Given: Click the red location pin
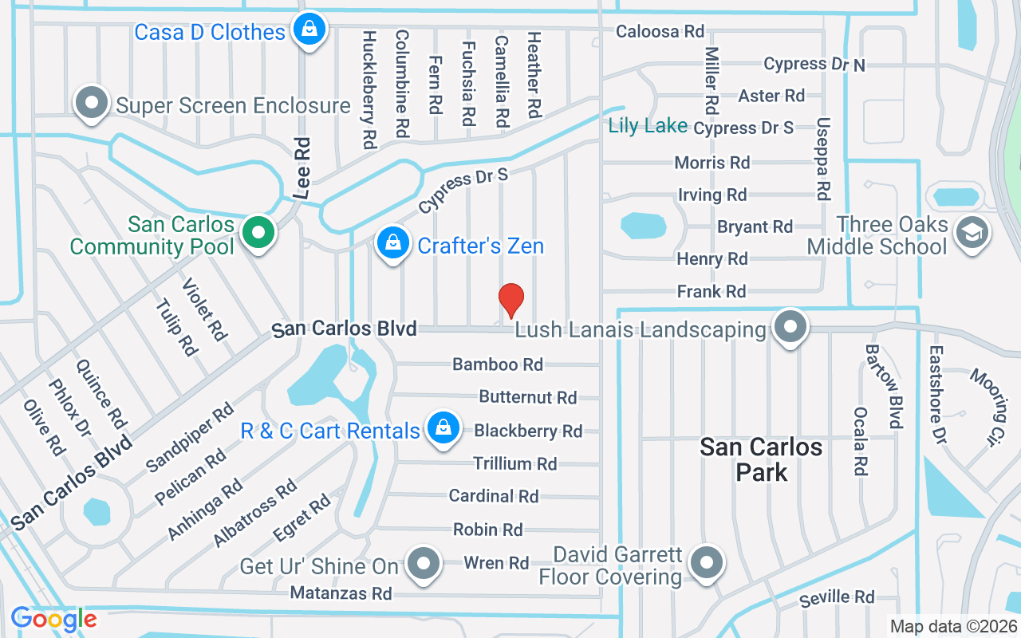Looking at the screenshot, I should (x=510, y=300).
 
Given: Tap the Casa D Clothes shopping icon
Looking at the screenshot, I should (x=307, y=30).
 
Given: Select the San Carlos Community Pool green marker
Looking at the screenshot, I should (x=258, y=234).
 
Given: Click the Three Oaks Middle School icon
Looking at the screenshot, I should (x=973, y=234).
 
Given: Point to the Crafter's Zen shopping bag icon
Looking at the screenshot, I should (x=392, y=243).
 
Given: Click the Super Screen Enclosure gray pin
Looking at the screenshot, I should (x=92, y=104).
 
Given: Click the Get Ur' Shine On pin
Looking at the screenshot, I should (x=424, y=564).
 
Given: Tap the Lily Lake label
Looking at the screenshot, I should (x=648, y=126).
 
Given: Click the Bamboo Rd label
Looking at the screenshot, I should (x=498, y=364).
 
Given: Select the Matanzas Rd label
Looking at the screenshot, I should (x=341, y=593).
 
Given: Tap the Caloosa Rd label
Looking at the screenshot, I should (x=660, y=32).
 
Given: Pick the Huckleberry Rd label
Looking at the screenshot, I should (x=369, y=90).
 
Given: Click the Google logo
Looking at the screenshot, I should (x=54, y=619).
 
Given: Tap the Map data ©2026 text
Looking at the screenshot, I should (x=952, y=627).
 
